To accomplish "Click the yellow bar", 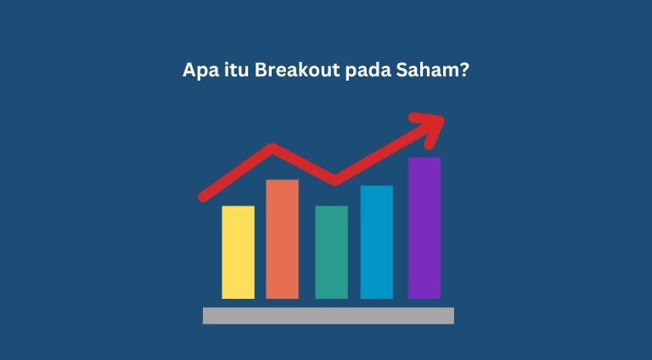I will [238, 252].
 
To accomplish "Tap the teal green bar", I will [331, 252].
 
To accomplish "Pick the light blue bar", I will [376, 242].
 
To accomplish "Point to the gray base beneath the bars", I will [328, 316].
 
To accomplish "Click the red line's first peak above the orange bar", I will [273, 149].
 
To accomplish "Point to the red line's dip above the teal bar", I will [334, 180].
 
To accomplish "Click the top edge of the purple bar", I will [424, 159].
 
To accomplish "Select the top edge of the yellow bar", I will [238, 207].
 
